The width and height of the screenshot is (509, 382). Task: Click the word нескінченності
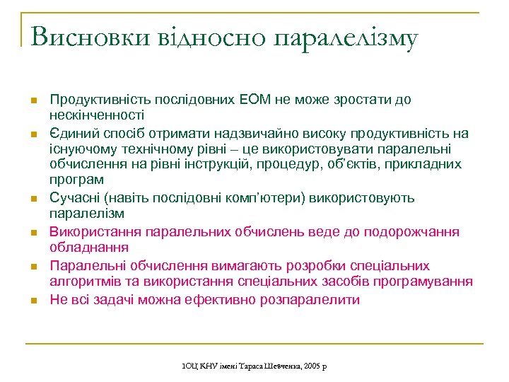97,115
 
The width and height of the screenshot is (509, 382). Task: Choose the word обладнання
88,247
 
